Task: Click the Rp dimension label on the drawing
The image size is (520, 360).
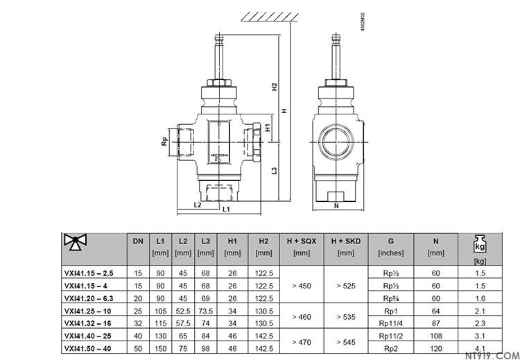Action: [164, 142]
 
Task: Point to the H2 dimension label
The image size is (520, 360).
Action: [275, 87]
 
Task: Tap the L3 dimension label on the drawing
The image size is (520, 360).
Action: [275, 171]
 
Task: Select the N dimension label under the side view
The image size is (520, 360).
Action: [336, 206]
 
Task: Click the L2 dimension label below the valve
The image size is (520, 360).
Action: [198, 205]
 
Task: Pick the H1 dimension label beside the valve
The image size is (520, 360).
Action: [268, 128]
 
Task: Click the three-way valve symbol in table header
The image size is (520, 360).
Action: [76, 241]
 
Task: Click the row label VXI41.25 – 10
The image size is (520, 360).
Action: [88, 311]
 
